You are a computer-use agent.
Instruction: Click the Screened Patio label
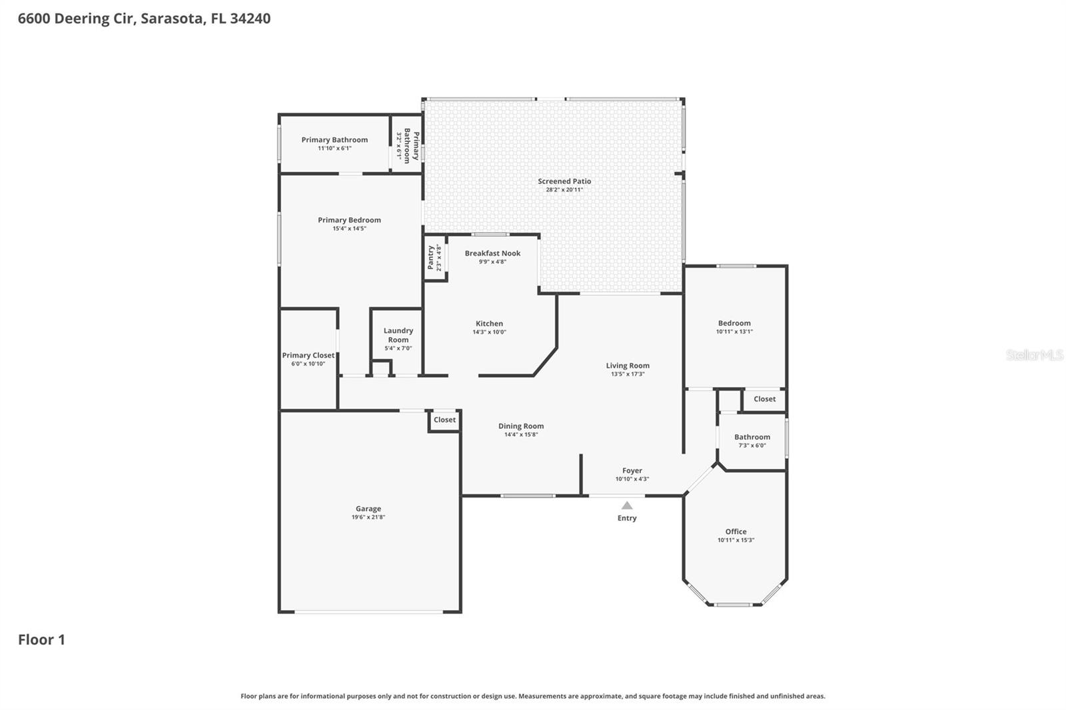[564, 181]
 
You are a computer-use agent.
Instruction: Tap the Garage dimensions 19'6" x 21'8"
[368, 518]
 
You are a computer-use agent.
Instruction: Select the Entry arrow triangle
[627, 506]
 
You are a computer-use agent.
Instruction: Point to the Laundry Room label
[398, 335]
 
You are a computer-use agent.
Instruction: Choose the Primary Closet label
[308, 356]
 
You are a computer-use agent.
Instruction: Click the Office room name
[736, 532]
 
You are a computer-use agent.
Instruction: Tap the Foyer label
[632, 470]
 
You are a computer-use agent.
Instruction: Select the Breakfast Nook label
[492, 253]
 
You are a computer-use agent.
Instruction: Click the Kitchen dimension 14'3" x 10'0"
[490, 332]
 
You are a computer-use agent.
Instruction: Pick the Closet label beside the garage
[444, 420]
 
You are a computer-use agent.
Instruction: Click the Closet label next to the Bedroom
[764, 399]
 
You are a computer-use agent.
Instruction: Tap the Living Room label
[628, 366]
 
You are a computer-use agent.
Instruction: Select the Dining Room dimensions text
[521, 435]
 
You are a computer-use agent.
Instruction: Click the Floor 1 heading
[41, 639]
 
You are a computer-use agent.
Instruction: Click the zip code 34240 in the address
[250, 18]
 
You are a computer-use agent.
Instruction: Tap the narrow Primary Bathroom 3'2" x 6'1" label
[407, 146]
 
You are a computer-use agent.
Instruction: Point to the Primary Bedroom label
[349, 220]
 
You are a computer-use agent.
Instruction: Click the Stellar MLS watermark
[1034, 355]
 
